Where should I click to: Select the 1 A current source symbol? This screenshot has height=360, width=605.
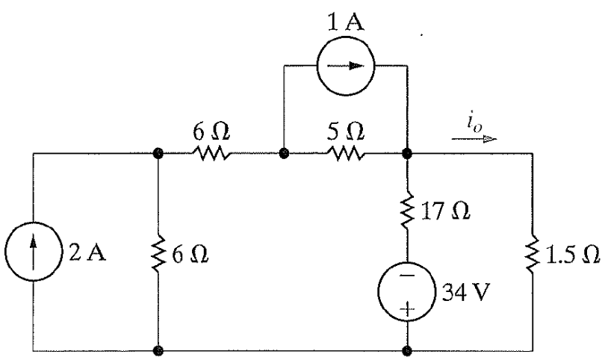(344, 65)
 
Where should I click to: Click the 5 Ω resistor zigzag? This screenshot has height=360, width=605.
(344, 155)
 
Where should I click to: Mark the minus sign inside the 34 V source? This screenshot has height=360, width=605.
(408, 275)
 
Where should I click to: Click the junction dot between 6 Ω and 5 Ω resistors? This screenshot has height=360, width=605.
(284, 155)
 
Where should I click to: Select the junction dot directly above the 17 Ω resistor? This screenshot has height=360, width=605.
(408, 155)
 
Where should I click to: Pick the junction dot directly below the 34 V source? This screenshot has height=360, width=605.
(408, 349)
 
